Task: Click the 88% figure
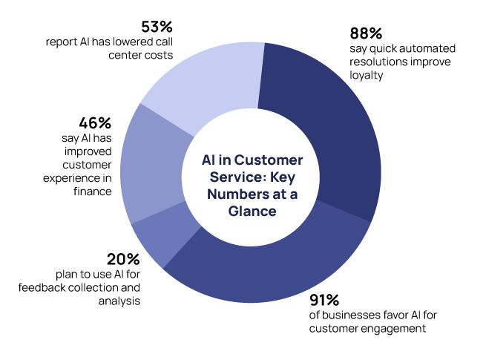tap(366, 33)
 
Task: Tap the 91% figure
tap(324, 300)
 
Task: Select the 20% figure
tap(123, 259)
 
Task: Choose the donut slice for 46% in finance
tap(148, 167)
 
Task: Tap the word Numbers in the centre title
tap(242, 194)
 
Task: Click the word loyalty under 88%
tap(367, 75)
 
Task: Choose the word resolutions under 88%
tap(377, 62)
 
